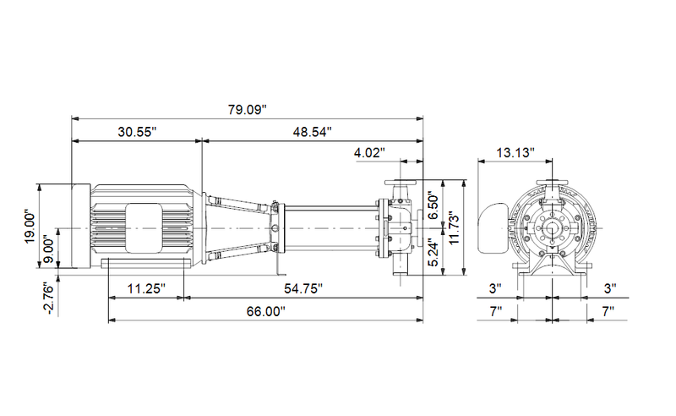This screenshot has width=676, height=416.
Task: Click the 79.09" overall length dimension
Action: coord(248,109)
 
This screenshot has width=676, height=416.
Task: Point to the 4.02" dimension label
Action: coord(369,153)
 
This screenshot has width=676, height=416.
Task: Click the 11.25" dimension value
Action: coord(145,288)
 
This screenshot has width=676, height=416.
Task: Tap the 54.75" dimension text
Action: coord(303,288)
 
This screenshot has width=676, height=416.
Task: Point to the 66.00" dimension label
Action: coord(265,311)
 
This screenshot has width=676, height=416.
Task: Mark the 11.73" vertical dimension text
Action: coord(454,227)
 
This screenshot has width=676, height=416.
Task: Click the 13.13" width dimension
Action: coord(515,153)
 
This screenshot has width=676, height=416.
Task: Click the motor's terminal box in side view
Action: coord(144,227)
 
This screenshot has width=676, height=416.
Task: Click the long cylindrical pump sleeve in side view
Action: coord(330,227)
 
